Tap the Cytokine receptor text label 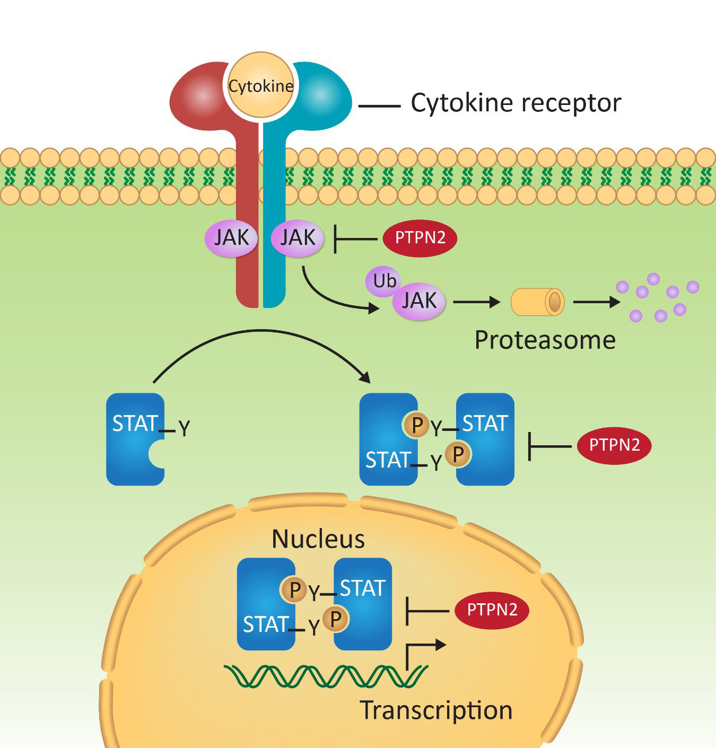516,103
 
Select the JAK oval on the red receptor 231,238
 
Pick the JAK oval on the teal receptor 298,238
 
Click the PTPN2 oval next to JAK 420,238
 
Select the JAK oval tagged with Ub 419,301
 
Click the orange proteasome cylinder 537,302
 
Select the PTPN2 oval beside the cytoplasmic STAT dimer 614,446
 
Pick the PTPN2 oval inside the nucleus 492,610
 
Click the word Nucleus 318,540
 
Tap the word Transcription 436,710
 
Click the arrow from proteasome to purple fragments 596,302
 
